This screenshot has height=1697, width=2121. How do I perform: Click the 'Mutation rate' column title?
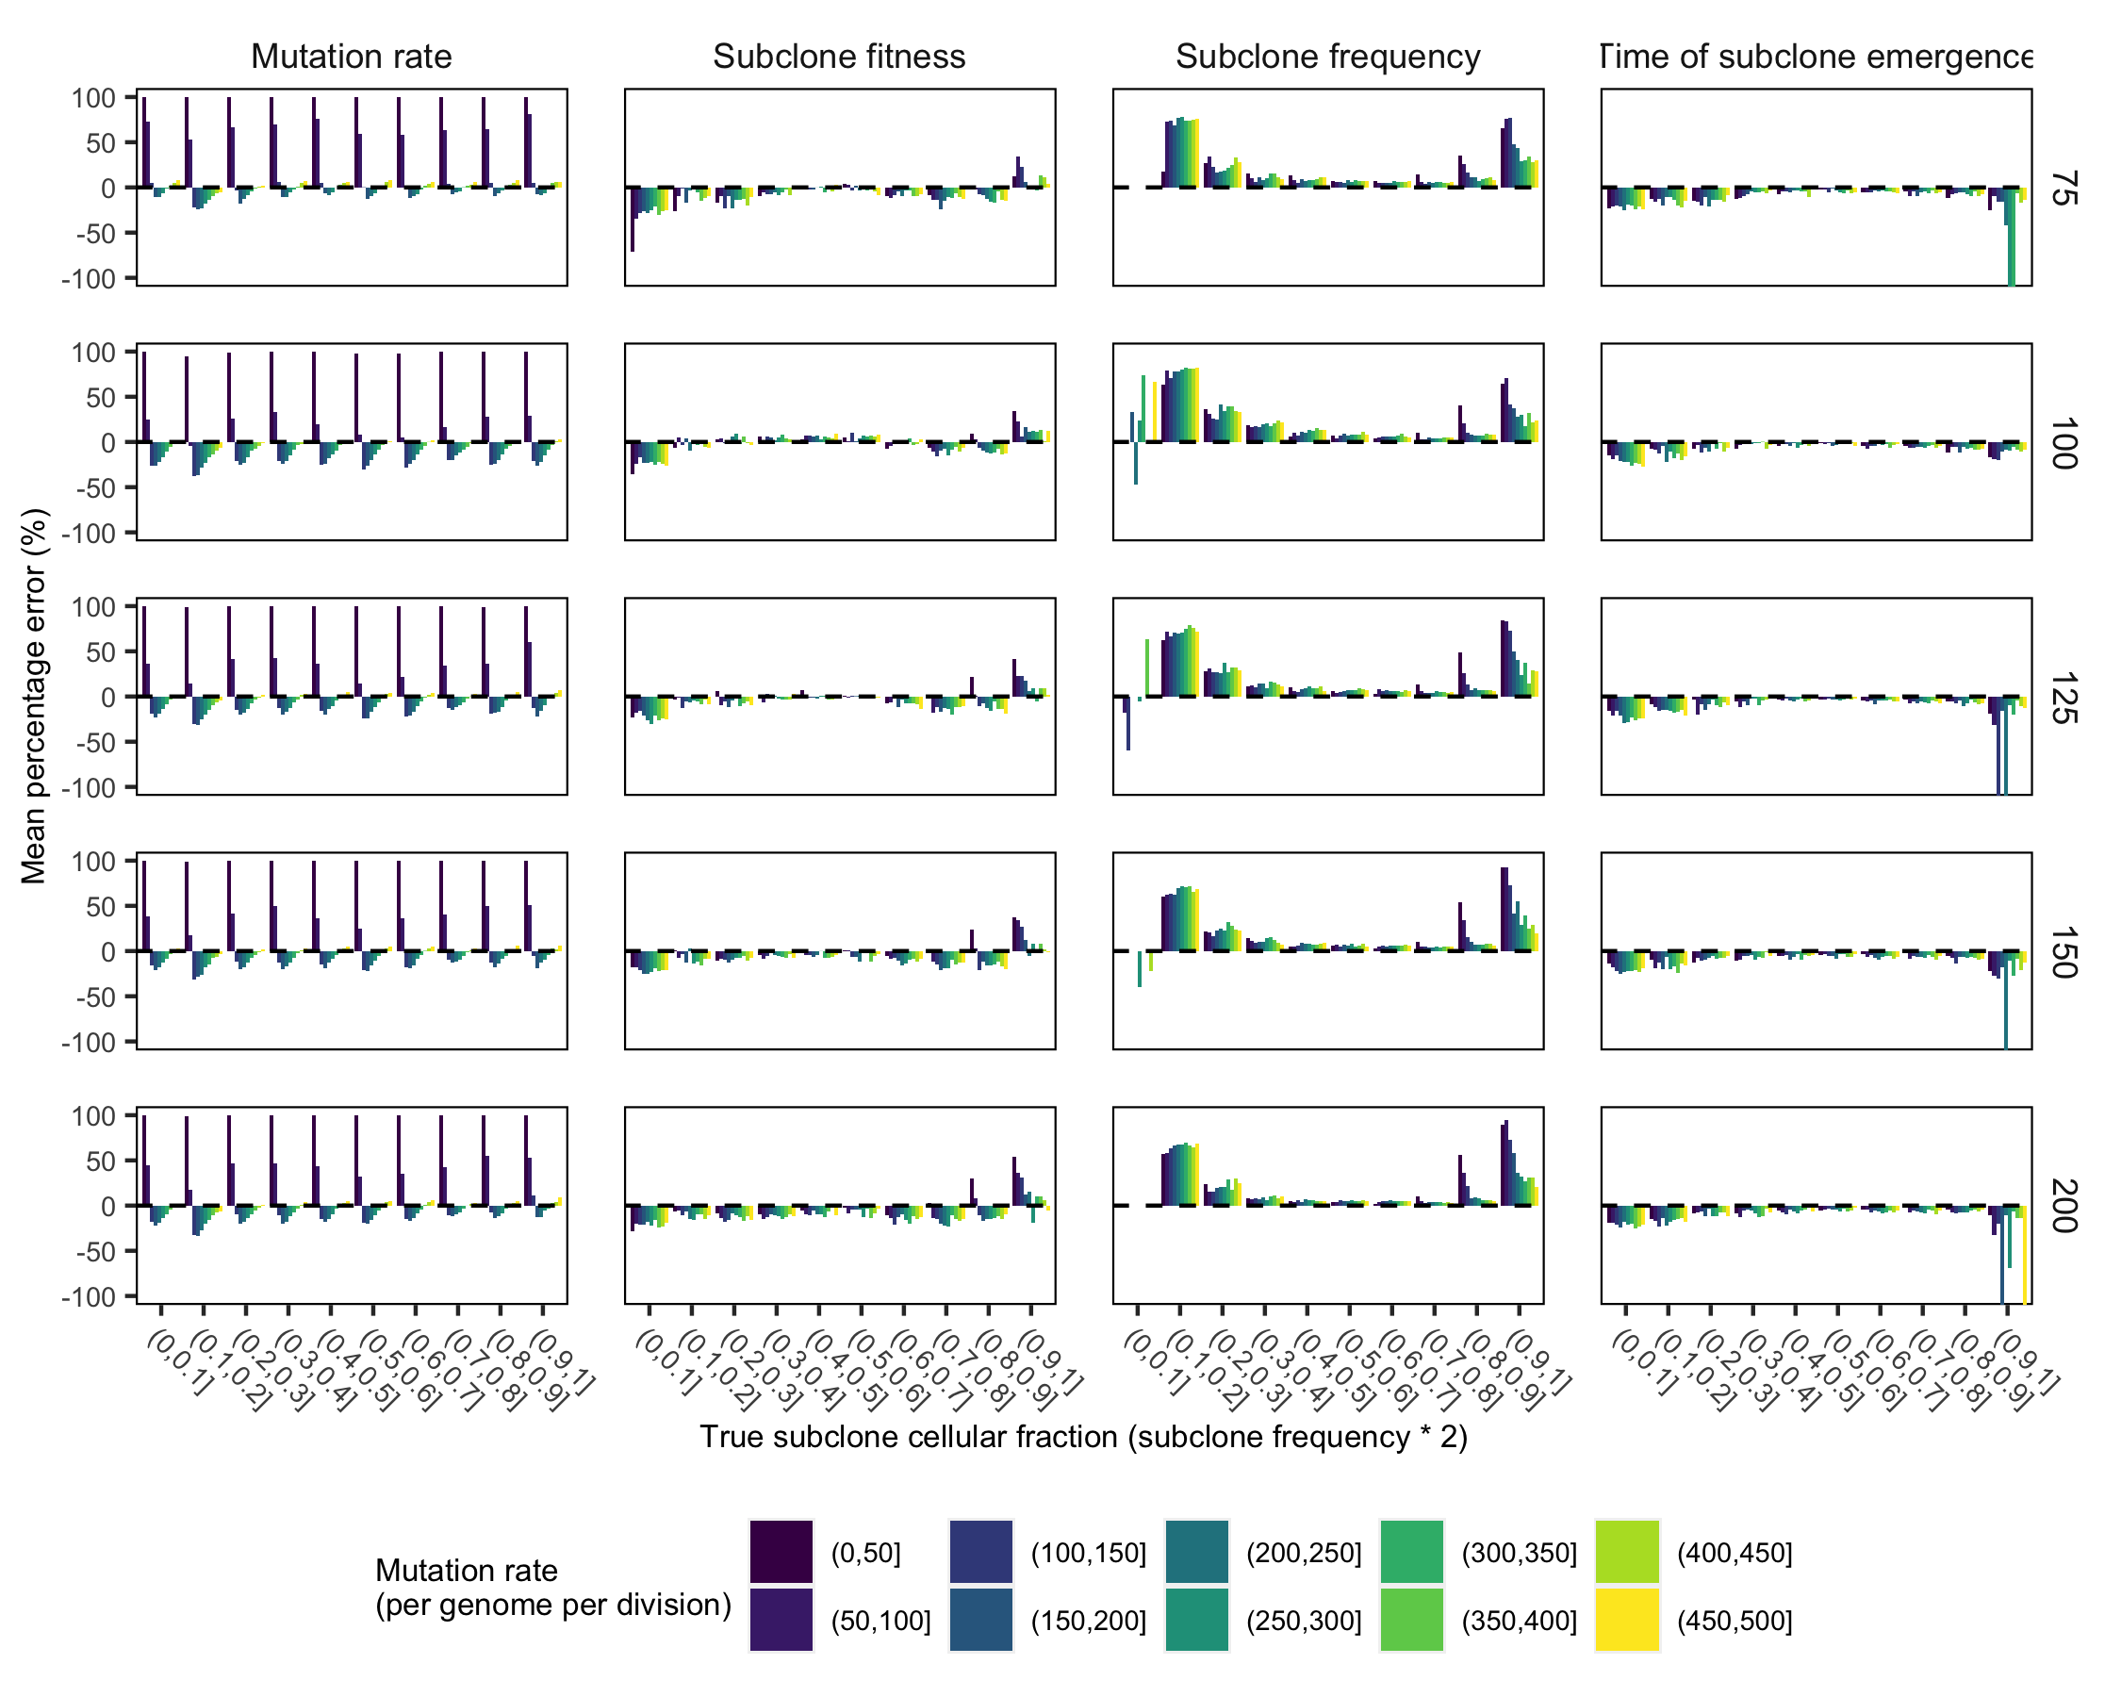tap(352, 58)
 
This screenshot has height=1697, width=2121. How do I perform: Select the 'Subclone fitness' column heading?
tap(839, 58)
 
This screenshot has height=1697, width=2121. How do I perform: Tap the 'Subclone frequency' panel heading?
tap(1327, 58)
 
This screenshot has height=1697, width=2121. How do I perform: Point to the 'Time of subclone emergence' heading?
tap(1815, 58)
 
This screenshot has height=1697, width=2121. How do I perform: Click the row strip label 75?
tap(2063, 188)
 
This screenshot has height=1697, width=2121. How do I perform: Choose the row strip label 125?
tap(2063, 698)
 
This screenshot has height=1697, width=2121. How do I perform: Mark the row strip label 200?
tap(2063, 1206)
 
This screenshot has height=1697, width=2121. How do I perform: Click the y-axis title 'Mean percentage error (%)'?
tap(35, 696)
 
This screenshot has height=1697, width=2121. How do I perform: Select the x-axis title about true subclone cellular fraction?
tap(1083, 1438)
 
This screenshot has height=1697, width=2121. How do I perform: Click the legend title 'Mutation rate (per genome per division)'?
tap(553, 1588)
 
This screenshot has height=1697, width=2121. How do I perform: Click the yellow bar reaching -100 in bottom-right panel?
tap(2025, 1254)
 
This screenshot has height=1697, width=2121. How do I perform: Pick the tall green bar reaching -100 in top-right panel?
tap(2012, 236)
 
